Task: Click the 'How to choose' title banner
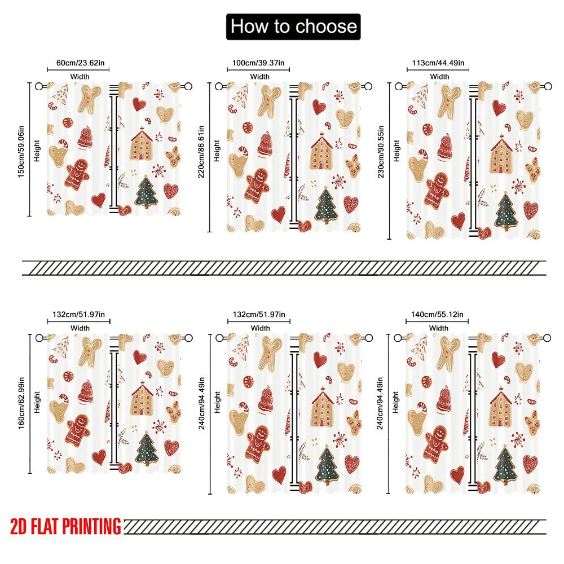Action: click(x=293, y=27)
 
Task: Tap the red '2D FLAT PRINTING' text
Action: click(x=65, y=526)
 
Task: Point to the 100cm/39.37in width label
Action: click(x=259, y=63)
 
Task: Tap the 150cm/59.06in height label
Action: click(x=21, y=149)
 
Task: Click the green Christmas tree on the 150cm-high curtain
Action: click(x=147, y=192)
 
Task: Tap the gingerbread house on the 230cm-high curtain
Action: click(x=501, y=155)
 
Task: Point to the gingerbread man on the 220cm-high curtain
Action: click(x=257, y=184)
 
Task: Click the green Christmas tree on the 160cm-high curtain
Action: click(x=147, y=449)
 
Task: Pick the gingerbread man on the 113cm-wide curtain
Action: click(x=437, y=192)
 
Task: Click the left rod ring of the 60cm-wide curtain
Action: click(x=39, y=87)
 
